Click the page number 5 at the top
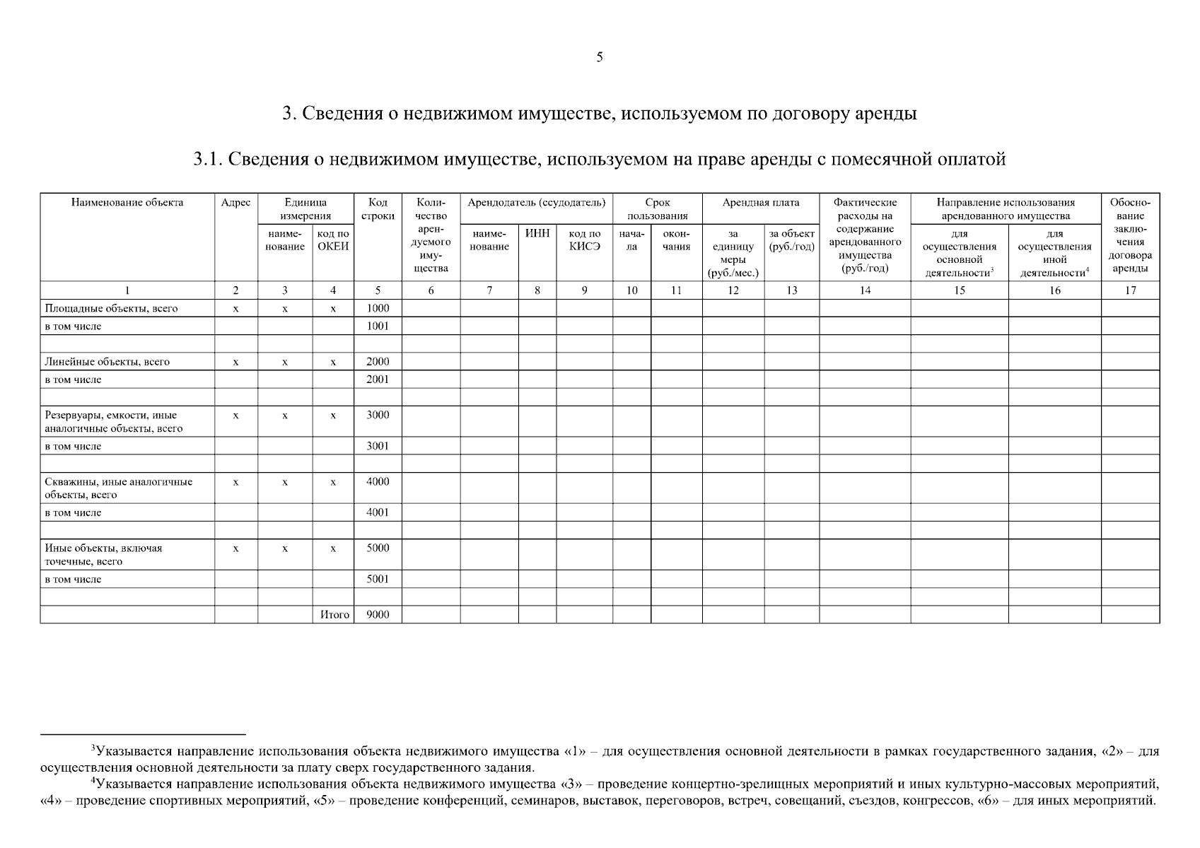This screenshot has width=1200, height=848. coord(600,58)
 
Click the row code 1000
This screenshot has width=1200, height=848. coord(378,308)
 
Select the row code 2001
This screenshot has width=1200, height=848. coord(378,379)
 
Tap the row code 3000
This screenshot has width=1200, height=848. coord(378,415)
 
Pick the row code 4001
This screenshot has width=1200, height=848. coord(378,512)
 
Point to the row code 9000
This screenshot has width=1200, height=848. coord(378,615)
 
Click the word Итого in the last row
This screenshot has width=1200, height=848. coord(334,615)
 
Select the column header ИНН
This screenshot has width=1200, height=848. coord(537,233)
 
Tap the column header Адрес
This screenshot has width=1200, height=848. coord(235,203)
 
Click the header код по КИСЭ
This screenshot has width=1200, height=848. coord(584,240)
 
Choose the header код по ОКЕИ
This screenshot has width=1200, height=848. coord(333,240)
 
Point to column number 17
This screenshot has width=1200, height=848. coord(1130,290)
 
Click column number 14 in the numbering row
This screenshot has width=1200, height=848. coord(865,290)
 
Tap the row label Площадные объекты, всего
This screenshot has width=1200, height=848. coord(111,308)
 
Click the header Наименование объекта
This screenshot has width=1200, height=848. coord(127,203)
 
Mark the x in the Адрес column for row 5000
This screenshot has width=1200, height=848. coord(235,548)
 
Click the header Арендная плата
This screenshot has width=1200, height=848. coord(761,203)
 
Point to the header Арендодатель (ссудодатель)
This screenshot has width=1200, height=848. coord(537,203)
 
